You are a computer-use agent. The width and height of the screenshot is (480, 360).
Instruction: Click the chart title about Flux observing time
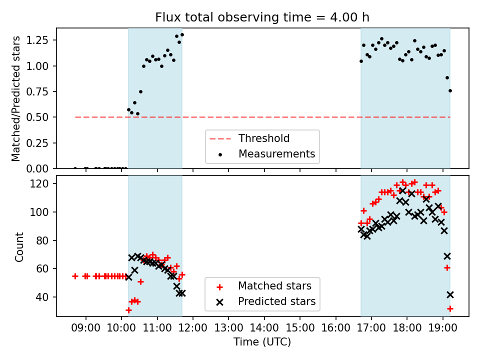tap(262, 17)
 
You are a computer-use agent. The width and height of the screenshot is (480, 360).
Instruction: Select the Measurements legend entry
tap(276, 153)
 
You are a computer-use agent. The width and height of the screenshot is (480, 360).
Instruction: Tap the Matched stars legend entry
tap(274, 286)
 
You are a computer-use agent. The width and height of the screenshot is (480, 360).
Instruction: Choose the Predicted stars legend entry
tap(276, 301)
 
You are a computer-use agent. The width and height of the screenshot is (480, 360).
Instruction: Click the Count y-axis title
tap(19, 246)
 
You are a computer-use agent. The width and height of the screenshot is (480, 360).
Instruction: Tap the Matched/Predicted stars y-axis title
tap(16, 98)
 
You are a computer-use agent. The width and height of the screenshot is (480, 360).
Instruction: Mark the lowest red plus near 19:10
tap(450, 308)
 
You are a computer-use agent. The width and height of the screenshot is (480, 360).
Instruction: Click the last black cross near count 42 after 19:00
tap(450, 294)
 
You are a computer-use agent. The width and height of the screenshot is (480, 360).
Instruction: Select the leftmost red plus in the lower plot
tap(75, 276)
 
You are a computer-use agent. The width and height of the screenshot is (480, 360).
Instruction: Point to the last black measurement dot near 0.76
tap(450, 90)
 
